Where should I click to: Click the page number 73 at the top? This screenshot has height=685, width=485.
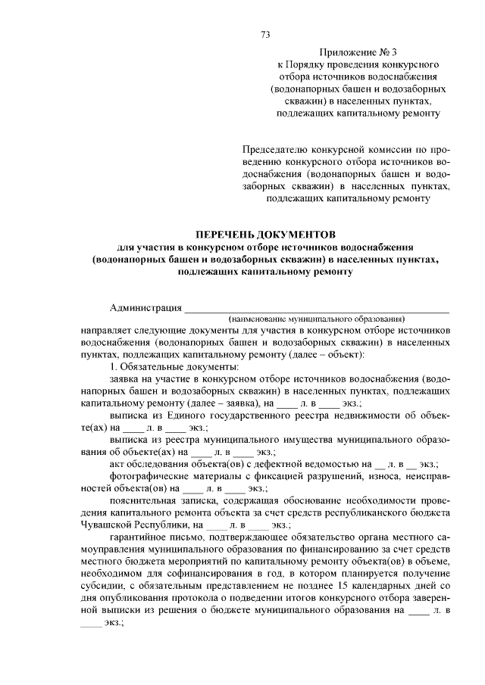point(265,35)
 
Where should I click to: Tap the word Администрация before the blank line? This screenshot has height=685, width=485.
point(145,307)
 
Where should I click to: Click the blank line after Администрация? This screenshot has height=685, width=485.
point(318,309)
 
